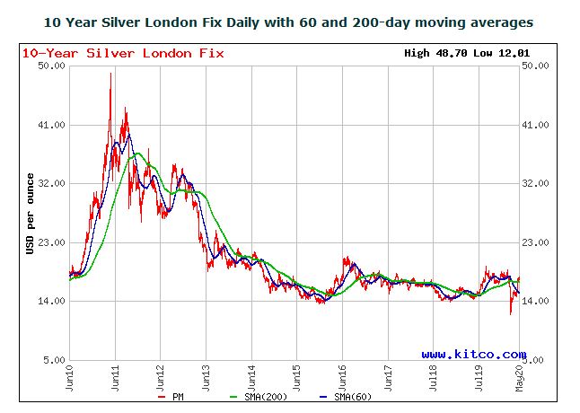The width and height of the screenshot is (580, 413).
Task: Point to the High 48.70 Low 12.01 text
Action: (467, 53)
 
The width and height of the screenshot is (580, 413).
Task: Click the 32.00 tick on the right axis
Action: (535, 184)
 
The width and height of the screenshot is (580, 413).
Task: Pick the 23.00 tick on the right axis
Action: (535, 243)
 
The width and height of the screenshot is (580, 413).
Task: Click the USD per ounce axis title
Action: (31, 214)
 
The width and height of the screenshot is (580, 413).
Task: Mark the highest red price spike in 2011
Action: (110, 75)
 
